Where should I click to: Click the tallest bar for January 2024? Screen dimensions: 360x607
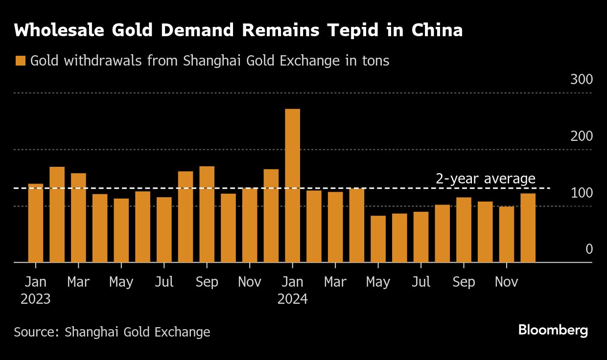click(292, 185)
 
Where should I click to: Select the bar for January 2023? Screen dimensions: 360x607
click(36, 223)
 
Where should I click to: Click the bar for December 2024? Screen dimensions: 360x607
click(528, 228)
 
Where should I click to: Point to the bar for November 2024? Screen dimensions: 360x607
click(507, 234)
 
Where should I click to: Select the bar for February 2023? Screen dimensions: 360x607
click(57, 215)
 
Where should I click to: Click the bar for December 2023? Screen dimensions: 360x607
click(271, 216)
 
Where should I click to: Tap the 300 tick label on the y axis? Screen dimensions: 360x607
click(581, 79)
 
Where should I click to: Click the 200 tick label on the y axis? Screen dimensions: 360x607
click(581, 136)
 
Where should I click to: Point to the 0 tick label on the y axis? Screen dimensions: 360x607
click(589, 249)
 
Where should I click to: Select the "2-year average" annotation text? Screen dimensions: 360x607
click(485, 179)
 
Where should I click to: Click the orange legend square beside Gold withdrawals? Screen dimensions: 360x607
click(20, 61)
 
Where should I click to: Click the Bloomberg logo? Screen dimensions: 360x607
click(553, 330)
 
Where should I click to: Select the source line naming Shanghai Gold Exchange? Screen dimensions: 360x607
click(112, 332)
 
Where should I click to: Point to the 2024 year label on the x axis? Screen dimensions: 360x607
click(292, 299)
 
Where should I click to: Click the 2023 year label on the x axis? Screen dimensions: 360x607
click(36, 299)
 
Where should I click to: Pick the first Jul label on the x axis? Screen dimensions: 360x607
click(164, 282)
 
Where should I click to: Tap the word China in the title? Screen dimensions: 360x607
click(437, 30)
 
